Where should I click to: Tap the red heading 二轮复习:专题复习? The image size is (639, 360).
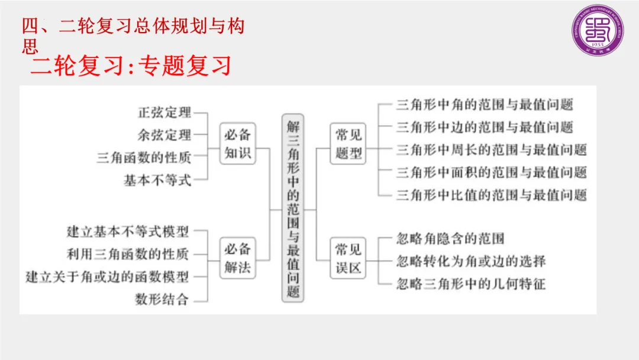[x=131, y=66]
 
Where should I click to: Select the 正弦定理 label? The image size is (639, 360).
[x=164, y=112]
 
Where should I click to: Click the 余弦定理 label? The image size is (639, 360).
[x=164, y=135]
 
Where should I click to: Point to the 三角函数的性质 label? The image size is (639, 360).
[x=144, y=157]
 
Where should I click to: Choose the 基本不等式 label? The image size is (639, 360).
[x=157, y=180]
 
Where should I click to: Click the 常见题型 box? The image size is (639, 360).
[x=348, y=143]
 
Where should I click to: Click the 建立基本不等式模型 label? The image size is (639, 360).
[x=128, y=232]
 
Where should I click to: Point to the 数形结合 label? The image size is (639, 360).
[x=162, y=299]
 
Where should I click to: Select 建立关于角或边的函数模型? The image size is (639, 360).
[x=107, y=277]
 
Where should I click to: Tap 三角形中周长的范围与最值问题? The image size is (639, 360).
[x=491, y=149]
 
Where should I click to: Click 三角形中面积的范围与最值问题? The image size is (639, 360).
[x=491, y=172]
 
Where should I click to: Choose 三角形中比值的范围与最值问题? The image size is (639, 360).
[x=491, y=194]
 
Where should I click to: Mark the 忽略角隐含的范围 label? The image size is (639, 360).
[x=450, y=239]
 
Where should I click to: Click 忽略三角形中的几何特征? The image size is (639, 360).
[x=470, y=284]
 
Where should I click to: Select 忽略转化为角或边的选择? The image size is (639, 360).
[x=470, y=261]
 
